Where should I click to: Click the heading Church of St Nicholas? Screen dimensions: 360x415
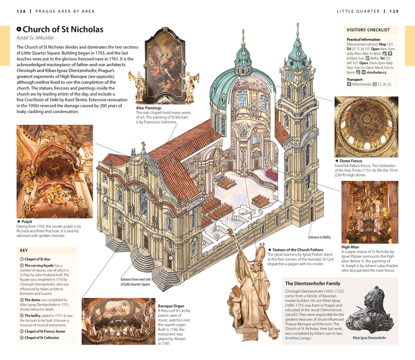pos(63,30)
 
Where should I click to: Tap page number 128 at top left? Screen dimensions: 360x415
pos(21,11)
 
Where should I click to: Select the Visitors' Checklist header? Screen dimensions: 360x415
pos(368,30)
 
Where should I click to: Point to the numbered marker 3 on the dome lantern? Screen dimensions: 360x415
pos(243,53)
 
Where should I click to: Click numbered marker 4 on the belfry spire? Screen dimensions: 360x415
pos(299,53)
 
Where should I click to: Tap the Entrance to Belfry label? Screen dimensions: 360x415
pos(320,237)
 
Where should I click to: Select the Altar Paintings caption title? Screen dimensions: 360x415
pos(149,108)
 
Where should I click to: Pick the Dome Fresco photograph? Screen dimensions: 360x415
pos(366,127)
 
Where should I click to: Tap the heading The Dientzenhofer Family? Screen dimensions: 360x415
pos(312,283)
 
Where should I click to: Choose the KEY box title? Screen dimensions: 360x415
pos(24,250)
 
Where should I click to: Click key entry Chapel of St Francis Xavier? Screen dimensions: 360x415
pos(45,331)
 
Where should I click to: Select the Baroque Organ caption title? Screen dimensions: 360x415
pos(171,306)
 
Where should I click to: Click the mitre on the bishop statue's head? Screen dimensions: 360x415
pos(259,253)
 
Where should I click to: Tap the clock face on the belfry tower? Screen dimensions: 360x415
pos(291,75)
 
